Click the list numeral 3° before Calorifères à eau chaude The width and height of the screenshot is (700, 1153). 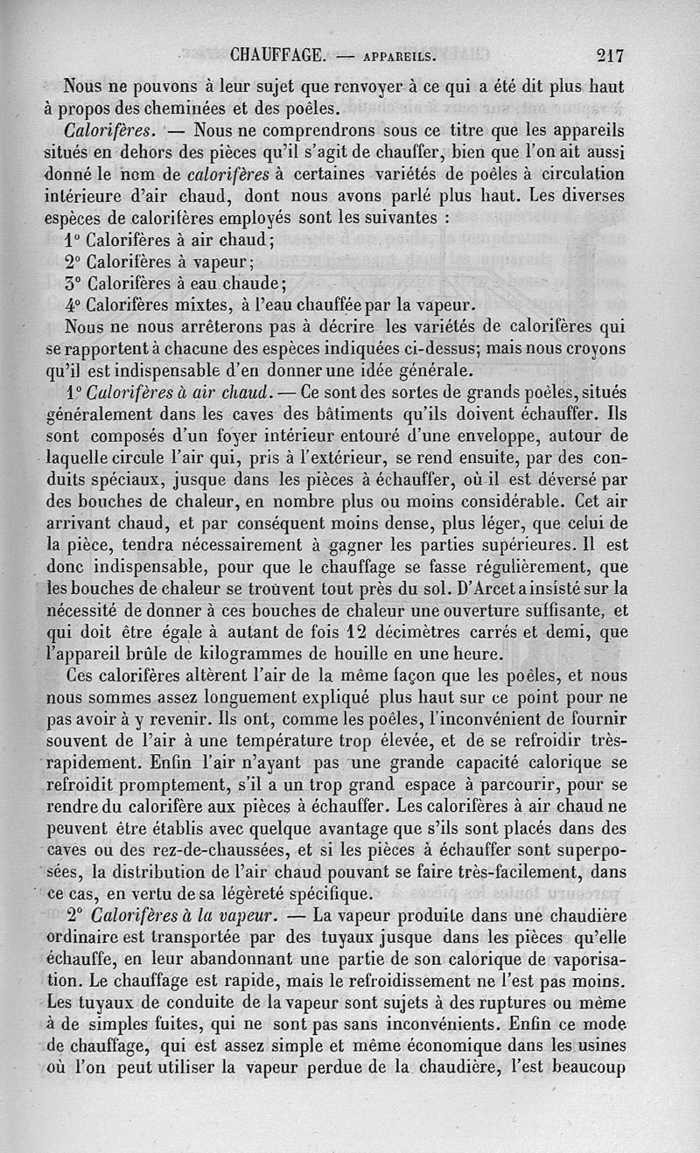point(73,283)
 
